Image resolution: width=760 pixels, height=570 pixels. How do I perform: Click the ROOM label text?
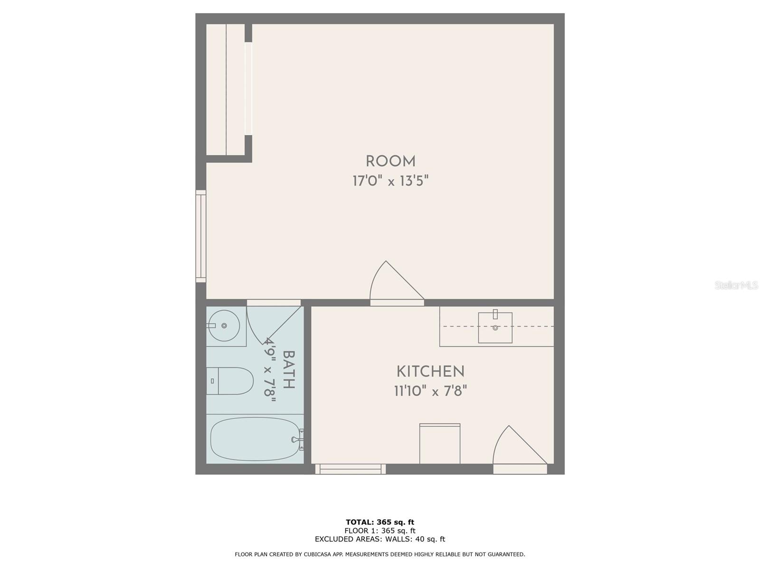tap(390, 161)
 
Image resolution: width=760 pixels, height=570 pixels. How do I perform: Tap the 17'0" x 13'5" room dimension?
tap(390, 180)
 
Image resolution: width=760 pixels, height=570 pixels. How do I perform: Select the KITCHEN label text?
tap(430, 372)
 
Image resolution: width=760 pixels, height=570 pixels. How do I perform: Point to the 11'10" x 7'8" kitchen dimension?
tap(430, 391)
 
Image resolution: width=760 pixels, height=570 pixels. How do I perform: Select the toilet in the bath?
tap(229, 380)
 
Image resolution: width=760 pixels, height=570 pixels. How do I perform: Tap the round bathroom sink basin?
tap(224, 326)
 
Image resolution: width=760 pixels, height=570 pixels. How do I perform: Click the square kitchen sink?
tap(495, 328)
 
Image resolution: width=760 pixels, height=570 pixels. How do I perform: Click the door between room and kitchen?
tap(397, 284)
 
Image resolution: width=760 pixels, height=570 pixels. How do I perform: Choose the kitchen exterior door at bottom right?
tap(520, 449)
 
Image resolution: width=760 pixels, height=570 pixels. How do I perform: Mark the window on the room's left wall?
tap(201, 236)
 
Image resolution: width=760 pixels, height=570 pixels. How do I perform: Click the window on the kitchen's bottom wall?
tap(351, 469)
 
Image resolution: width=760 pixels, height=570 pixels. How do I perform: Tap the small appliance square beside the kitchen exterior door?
tap(440, 444)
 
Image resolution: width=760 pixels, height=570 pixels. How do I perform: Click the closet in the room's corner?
tap(226, 90)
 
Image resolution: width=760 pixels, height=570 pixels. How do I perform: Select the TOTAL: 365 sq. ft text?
tap(380, 522)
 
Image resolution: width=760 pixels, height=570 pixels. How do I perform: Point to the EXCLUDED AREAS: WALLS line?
tap(380, 539)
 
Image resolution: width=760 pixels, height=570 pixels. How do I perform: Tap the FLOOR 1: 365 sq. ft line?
tap(380, 531)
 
